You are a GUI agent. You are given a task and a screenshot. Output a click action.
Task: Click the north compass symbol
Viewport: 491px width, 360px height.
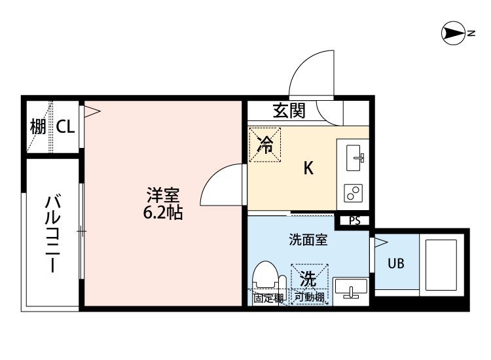(x=454, y=33)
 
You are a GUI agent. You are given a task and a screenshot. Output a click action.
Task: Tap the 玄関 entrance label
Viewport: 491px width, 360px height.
(x=289, y=111)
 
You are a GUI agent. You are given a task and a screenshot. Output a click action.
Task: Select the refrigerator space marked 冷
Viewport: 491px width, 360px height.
(x=265, y=145)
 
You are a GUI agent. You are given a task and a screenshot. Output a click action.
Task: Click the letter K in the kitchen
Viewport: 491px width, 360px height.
(x=308, y=168)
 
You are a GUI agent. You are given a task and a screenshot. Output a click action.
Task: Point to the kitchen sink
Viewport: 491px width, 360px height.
(x=354, y=158)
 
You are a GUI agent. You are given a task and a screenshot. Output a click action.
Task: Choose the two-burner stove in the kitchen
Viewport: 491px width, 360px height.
(x=354, y=192)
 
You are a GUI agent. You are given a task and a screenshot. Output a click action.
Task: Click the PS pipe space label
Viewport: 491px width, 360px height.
(x=355, y=221)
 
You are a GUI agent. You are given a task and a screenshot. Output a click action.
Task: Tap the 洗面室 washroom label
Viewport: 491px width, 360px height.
(x=308, y=240)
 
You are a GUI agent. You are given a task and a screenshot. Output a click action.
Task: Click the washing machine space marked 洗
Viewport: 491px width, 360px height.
(x=309, y=279)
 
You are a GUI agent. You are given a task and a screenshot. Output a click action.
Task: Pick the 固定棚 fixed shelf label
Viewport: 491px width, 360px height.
(x=268, y=298)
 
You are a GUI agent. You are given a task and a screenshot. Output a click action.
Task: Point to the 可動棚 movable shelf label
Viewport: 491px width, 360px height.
(x=310, y=297)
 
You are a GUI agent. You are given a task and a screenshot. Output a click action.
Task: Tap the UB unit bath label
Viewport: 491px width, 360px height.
(x=396, y=264)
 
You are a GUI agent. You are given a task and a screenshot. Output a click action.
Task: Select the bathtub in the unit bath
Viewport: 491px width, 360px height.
(x=441, y=264)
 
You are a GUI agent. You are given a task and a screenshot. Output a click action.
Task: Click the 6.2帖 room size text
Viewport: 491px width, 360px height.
(x=163, y=213)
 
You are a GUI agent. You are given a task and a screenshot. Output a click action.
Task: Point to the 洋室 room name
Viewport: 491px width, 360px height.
(x=163, y=195)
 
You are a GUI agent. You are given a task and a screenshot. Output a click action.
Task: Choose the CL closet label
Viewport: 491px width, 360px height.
(x=65, y=127)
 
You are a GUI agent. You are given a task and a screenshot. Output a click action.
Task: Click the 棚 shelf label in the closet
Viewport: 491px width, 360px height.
(x=38, y=127)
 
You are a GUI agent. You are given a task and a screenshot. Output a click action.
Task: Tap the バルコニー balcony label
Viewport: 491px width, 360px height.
(x=52, y=233)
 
